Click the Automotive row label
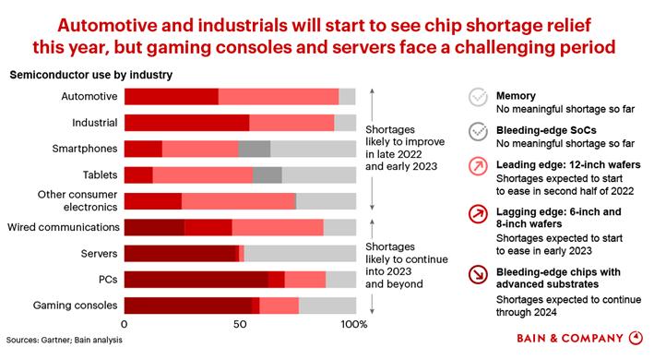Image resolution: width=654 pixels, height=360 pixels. (x=89, y=96)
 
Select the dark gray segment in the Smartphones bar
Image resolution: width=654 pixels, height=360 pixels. (x=255, y=149)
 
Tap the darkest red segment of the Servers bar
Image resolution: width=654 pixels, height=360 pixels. (x=180, y=254)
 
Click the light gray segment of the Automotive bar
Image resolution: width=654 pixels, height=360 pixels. (x=347, y=97)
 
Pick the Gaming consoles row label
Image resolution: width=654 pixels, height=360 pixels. (x=75, y=306)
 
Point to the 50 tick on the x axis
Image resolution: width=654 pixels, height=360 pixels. (x=240, y=324)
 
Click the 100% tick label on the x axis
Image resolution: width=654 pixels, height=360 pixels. (x=354, y=324)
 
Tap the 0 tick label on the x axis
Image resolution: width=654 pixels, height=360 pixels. (x=125, y=324)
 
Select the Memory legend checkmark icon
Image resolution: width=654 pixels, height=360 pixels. (x=478, y=97)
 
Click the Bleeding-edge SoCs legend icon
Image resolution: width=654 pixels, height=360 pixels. (x=478, y=132)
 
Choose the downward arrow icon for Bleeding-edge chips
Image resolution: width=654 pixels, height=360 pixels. (x=478, y=274)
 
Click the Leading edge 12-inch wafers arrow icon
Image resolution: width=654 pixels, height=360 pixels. (x=478, y=166)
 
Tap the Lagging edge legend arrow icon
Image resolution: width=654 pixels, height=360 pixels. (x=478, y=214)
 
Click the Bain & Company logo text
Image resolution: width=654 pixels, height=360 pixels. (x=570, y=338)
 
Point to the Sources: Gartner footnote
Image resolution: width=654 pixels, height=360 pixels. (x=65, y=340)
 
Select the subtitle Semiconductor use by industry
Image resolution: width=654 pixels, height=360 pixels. (x=91, y=75)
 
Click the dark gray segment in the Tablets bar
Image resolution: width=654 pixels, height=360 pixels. (x=268, y=175)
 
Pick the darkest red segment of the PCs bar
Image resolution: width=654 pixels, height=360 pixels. (x=196, y=280)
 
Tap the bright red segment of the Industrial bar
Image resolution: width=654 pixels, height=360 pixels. (x=187, y=123)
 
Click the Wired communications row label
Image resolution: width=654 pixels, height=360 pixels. (x=64, y=227)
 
